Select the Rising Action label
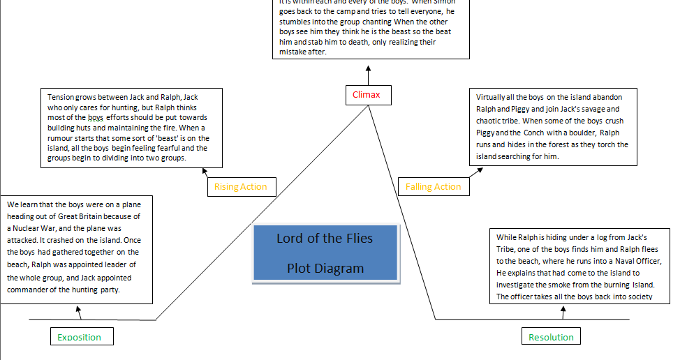(241, 187)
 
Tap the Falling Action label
(433, 187)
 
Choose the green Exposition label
(79, 337)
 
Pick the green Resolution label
(551, 337)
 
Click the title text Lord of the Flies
(325, 239)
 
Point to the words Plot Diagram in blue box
(325, 269)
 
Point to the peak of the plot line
(368, 107)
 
